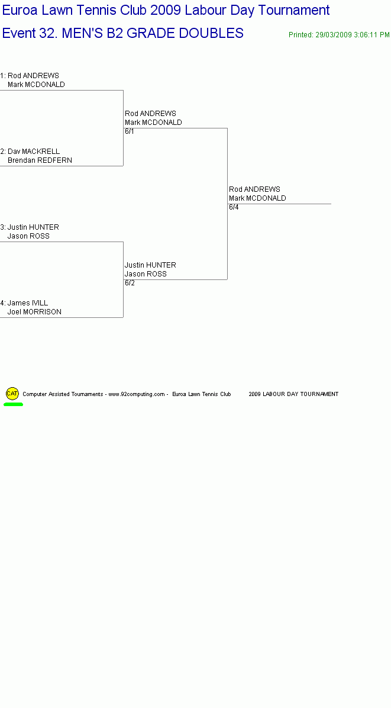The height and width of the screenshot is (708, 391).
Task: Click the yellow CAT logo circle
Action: pos(12,393)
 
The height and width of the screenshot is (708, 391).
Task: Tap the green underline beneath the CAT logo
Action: pos(13,404)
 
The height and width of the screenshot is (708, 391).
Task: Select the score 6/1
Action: pos(130,131)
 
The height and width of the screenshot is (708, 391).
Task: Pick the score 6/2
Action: pos(130,283)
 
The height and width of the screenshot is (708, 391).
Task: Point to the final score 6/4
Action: pos(234,207)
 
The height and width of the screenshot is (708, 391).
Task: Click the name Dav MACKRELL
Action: pos(34,152)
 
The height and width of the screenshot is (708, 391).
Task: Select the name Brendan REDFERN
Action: pos(40,160)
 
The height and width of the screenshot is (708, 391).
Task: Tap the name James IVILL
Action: pos(28,303)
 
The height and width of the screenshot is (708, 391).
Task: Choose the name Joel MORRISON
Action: pos(34,312)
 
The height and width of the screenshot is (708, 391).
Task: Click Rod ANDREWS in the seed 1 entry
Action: pos(33,75)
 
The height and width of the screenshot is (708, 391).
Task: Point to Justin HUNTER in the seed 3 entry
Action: pos(33,227)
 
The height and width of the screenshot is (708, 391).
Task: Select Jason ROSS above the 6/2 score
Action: pos(146,274)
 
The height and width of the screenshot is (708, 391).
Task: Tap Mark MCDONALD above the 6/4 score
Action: pos(257,198)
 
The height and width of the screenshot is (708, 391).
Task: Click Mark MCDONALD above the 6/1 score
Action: pos(153,123)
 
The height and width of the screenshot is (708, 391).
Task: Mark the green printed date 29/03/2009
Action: pos(332,35)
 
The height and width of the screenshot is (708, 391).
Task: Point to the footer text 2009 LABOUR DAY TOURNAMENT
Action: pos(293,394)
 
